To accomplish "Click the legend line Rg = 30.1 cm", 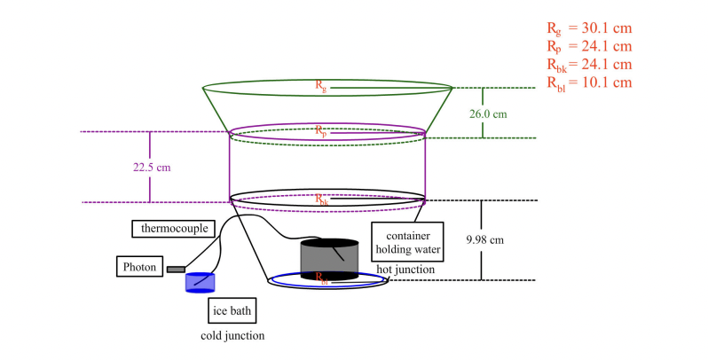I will (x=590, y=27).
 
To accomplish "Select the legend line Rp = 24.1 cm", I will (x=590, y=45).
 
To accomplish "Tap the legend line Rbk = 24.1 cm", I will (x=590, y=64).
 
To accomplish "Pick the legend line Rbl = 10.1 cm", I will (x=590, y=82).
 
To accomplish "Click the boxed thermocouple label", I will (x=175, y=229).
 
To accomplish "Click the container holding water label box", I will (x=405, y=239).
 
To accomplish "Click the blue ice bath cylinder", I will (x=200, y=282).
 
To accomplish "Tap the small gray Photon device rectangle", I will (x=175, y=269).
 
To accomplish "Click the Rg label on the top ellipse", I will (x=321, y=85).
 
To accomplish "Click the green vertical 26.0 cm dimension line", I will (x=484, y=113).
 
